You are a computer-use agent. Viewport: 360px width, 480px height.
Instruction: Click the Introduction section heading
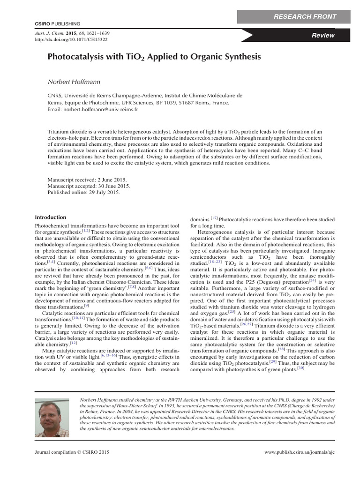[x=51, y=217]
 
